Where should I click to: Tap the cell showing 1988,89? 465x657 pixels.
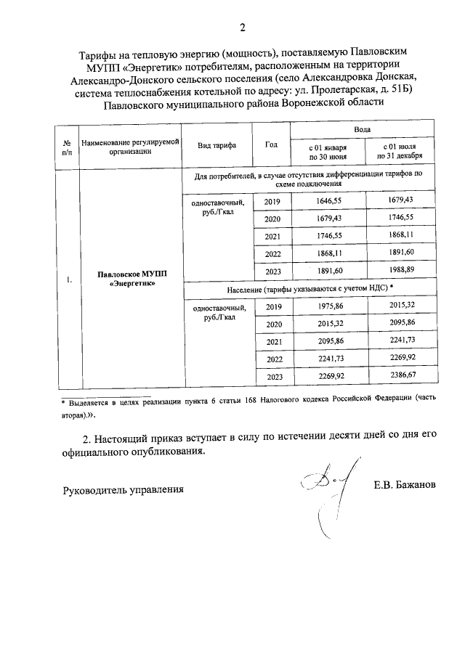pos(400,270)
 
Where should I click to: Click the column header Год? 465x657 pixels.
pos(271,144)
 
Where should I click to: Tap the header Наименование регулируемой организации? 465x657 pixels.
pos(130,144)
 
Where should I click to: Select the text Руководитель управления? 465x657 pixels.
pos(123,489)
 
